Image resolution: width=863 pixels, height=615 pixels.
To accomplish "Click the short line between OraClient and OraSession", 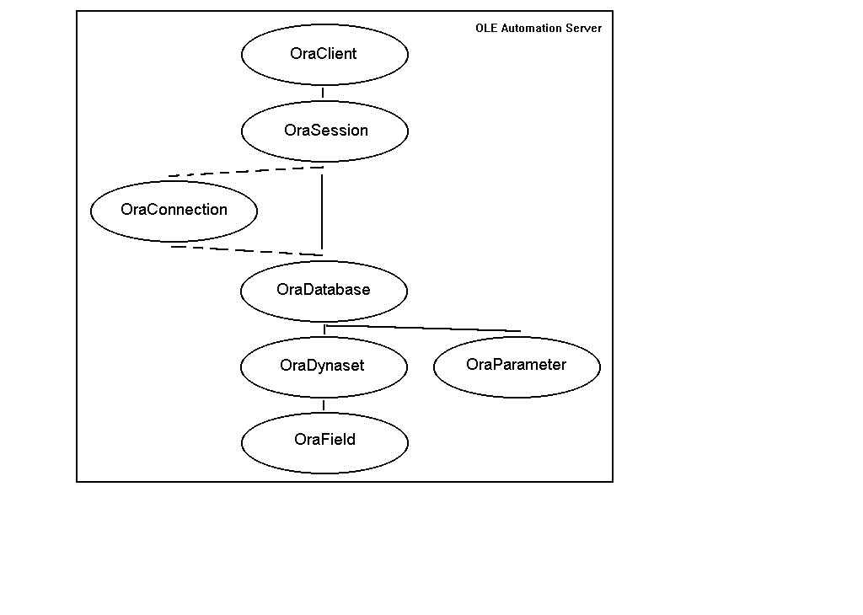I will [323, 93].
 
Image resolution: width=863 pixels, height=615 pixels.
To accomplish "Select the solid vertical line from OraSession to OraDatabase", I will [322, 211].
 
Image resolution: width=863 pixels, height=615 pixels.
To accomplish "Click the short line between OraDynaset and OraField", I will [324, 405].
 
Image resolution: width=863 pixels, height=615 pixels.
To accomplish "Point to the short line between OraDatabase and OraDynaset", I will [324, 329].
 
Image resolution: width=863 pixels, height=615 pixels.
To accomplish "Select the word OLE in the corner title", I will [486, 28].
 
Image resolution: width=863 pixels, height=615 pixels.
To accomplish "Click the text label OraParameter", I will [516, 364].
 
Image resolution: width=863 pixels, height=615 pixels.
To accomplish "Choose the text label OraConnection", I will [174, 209].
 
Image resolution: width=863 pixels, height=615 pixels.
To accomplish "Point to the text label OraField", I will [324, 439].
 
